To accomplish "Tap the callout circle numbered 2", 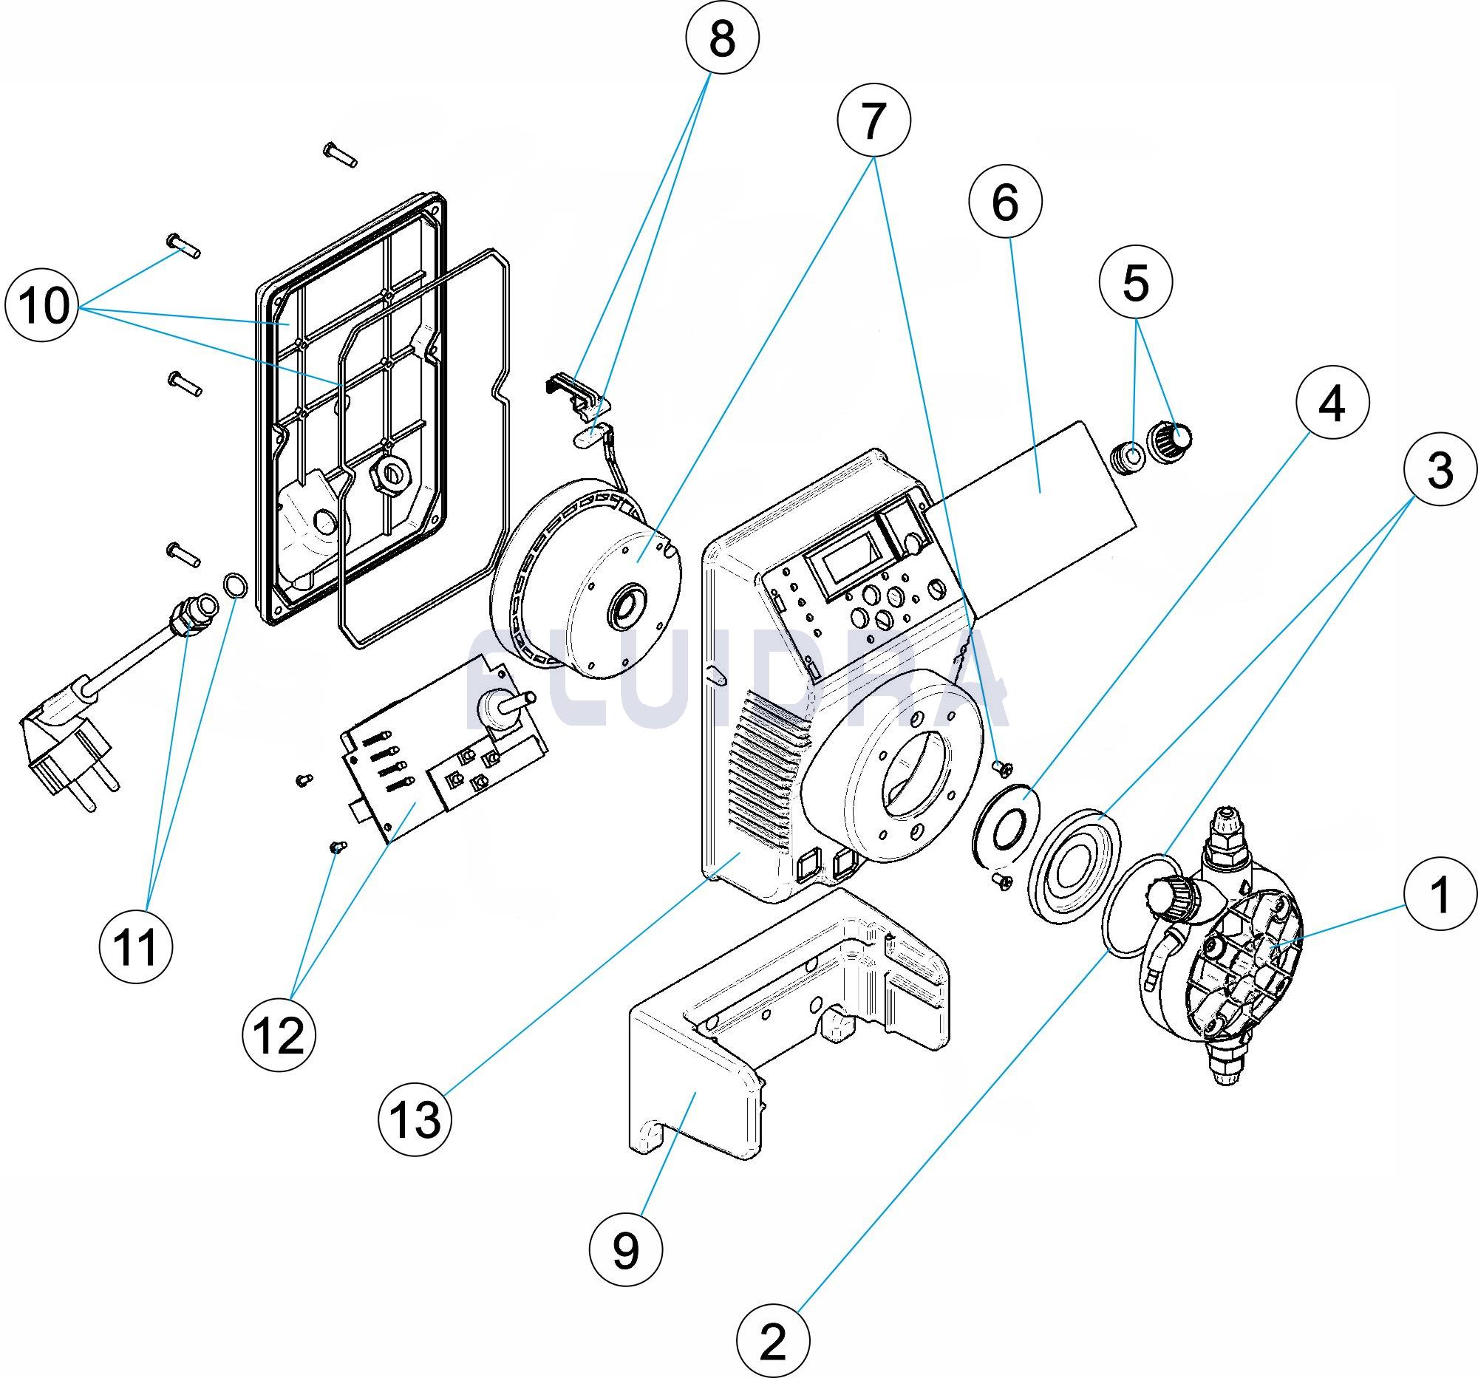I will pos(772,1342).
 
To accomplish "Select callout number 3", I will pos(1440,470).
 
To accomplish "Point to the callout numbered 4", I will pos(1332,405).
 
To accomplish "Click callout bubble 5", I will pos(1135,283).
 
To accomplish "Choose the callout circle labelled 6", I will pos(1005,202).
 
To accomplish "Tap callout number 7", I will pos(873,121).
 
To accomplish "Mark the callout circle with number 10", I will pos(41,304).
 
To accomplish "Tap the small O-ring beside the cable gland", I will pos(234,586).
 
